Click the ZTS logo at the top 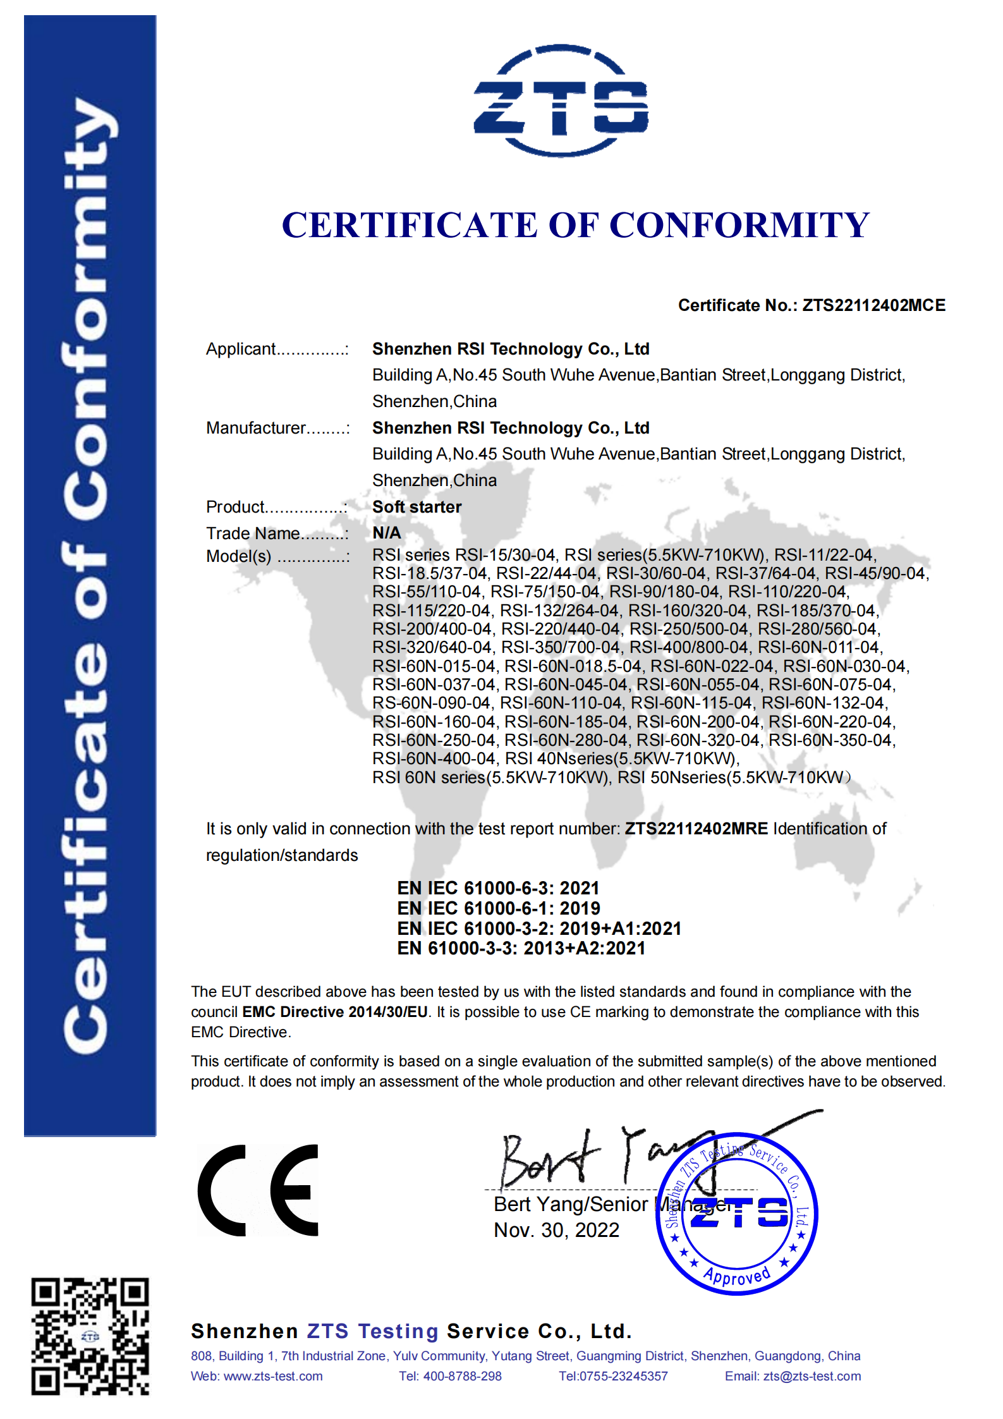pyautogui.click(x=561, y=101)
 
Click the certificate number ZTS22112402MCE pyautogui.click(x=873, y=305)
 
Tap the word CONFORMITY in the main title pyautogui.click(x=739, y=225)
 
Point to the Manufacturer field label pyautogui.click(x=255, y=428)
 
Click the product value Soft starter pyautogui.click(x=416, y=507)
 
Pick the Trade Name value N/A pyautogui.click(x=386, y=533)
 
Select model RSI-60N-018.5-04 pyautogui.click(x=573, y=666)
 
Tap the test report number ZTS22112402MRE pyautogui.click(x=696, y=829)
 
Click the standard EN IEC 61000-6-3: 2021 pyautogui.click(x=498, y=888)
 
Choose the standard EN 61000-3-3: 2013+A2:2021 pyautogui.click(x=521, y=948)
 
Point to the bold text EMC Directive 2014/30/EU pyautogui.click(x=335, y=1012)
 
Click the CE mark pyautogui.click(x=258, y=1190)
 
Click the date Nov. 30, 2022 pyautogui.click(x=556, y=1230)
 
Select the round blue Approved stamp pyautogui.click(x=737, y=1214)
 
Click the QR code pyautogui.click(x=90, y=1336)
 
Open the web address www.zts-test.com pyautogui.click(x=273, y=1376)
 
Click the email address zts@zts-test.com pyautogui.click(x=812, y=1376)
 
